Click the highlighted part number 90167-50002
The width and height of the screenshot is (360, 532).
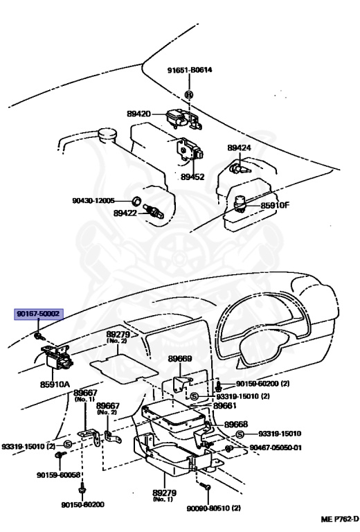39,314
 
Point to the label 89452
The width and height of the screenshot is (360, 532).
192,177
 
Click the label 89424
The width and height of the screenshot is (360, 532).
239,148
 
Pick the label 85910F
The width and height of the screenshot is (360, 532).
275,205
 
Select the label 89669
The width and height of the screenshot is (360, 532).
180,360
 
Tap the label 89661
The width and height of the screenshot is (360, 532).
226,406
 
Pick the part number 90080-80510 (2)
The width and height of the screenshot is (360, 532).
213,508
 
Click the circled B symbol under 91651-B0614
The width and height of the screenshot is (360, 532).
189,94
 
